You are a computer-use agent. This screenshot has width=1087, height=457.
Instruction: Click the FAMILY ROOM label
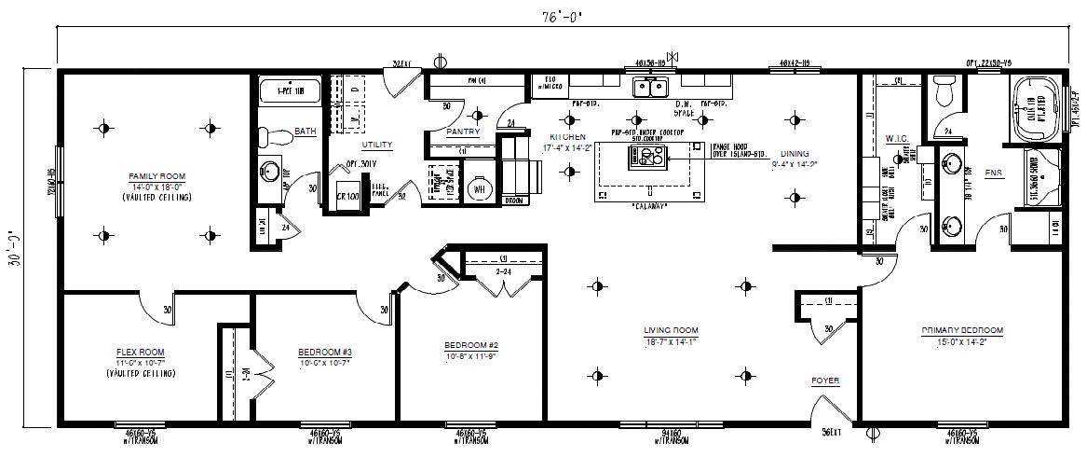click(157, 175)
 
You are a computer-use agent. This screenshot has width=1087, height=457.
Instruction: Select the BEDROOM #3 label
click(324, 352)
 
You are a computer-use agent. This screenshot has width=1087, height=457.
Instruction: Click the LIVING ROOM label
click(671, 330)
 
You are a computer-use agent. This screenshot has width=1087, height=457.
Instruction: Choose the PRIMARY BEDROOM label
click(962, 330)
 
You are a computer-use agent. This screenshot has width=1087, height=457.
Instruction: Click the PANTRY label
click(463, 132)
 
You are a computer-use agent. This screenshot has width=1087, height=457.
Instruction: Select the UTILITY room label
click(377, 145)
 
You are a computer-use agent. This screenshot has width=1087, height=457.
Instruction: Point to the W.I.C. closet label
click(896, 138)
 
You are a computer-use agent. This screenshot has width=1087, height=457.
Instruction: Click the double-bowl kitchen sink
click(649, 88)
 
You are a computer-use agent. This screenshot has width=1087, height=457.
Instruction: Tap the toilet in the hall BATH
click(271, 136)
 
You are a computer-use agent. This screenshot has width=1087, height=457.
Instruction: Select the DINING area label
click(795, 155)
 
